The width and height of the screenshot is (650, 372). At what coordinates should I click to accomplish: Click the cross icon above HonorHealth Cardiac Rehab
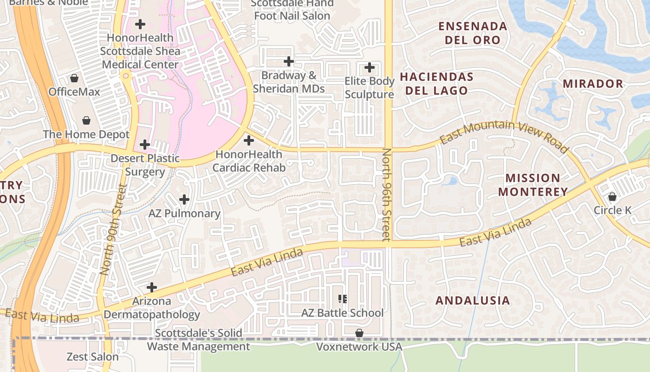[x=249, y=140]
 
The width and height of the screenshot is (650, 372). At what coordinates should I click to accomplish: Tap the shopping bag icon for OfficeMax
[x=74, y=78]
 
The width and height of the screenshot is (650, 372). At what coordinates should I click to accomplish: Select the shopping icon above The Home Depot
[x=86, y=121]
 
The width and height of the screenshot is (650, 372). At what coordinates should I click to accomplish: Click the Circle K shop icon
[x=612, y=197]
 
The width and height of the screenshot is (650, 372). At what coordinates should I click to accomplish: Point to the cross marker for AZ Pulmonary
[x=184, y=199]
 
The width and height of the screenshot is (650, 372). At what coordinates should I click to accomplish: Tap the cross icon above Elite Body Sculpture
[x=370, y=67]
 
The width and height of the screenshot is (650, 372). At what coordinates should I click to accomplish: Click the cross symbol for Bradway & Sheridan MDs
[x=289, y=61]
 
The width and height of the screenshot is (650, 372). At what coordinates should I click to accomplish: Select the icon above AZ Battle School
[x=343, y=299]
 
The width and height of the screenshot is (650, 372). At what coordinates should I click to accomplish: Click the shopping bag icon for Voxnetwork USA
[x=359, y=333]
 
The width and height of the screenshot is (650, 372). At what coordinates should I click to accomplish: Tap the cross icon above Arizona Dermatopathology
[x=151, y=287]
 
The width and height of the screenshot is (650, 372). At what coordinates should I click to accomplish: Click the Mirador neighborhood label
[x=593, y=84]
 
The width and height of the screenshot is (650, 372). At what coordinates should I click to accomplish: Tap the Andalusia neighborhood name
[x=473, y=300]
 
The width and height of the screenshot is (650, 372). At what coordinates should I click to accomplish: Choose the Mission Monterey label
[x=533, y=185]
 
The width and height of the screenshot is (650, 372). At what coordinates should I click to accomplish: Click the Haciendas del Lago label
[x=436, y=84]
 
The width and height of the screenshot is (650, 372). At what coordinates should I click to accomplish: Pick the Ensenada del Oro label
[x=473, y=33]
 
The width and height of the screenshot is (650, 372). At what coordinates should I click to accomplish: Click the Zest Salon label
[x=93, y=357]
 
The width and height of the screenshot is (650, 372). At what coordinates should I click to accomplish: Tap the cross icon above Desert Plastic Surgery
[x=145, y=145]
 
